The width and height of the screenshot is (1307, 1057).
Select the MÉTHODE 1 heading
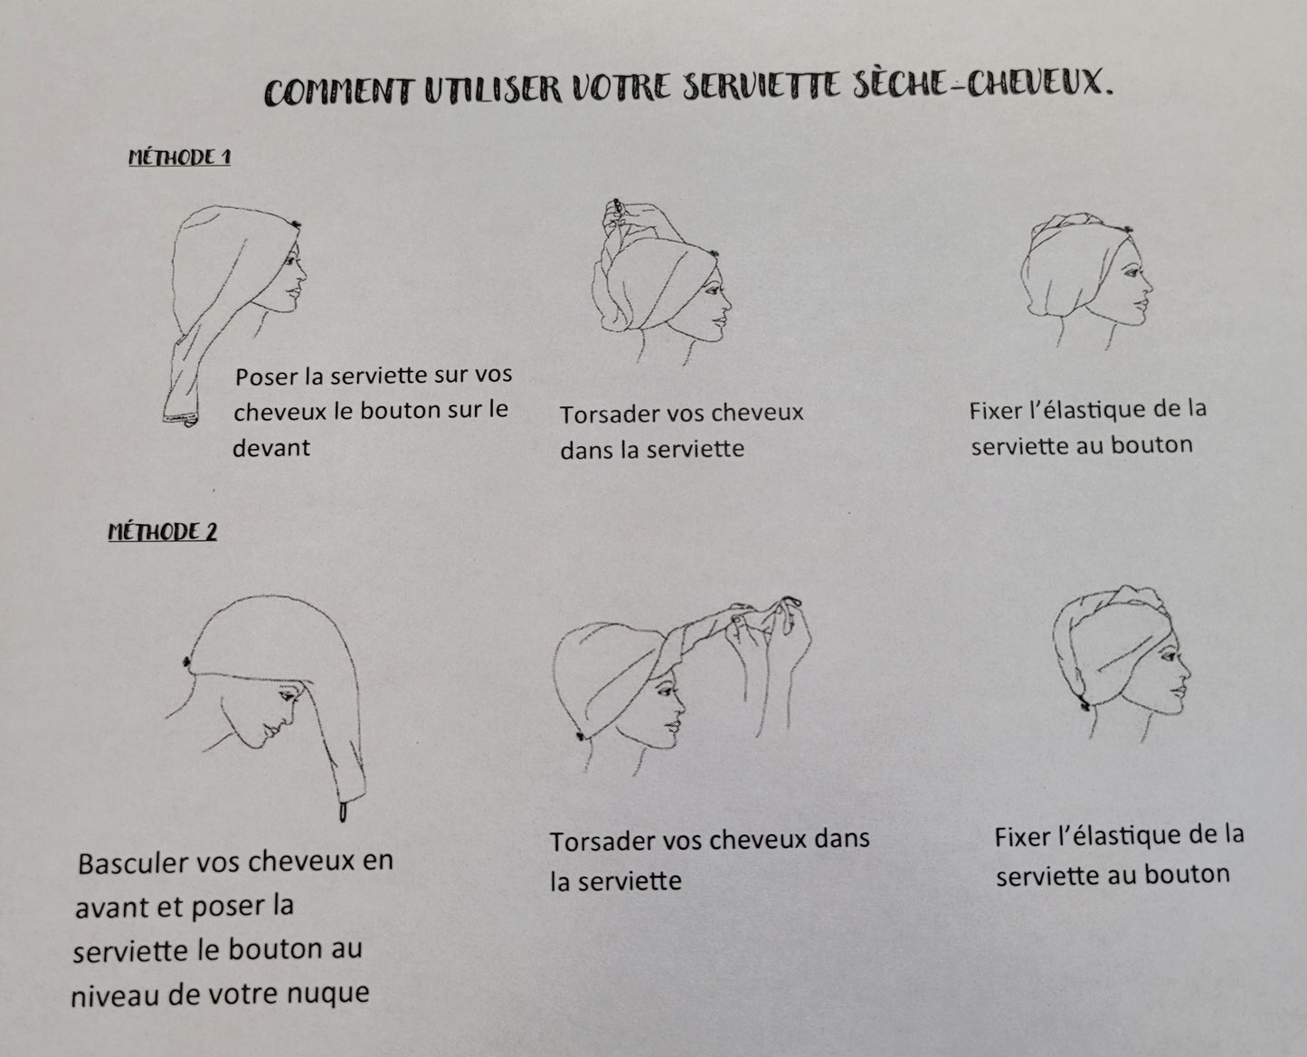[179, 157]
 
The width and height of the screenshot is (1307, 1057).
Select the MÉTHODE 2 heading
[163, 531]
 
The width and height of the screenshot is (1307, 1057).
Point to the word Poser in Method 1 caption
[266, 376]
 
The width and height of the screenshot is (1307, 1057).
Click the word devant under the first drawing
[271, 447]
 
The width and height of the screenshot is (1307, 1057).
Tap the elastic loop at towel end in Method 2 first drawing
[344, 813]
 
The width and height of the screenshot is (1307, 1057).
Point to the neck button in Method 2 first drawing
[188, 662]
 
